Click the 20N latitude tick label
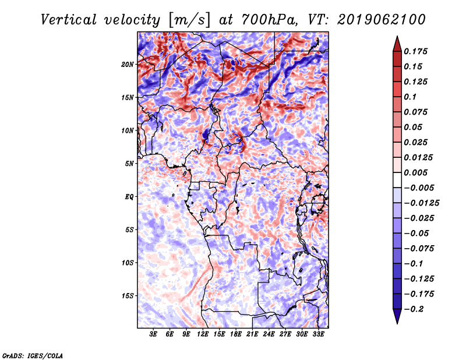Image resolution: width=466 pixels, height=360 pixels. click(128, 65)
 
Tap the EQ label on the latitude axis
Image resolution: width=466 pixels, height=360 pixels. click(129, 197)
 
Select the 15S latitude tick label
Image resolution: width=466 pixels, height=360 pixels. click(128, 296)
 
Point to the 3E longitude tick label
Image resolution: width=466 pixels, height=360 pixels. click(153, 334)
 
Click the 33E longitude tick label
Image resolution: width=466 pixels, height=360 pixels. click(318, 334)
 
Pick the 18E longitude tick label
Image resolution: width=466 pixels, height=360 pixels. click(236, 334)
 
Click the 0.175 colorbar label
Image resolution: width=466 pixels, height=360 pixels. click(415, 51)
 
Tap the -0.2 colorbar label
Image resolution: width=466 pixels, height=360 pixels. click(414, 309)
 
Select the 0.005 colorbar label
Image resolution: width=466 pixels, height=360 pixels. click(415, 172)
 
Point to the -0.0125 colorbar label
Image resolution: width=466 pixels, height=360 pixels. click(421, 203)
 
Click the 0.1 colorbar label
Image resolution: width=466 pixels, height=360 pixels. click(410, 97)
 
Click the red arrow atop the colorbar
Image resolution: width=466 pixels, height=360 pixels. click(397, 44)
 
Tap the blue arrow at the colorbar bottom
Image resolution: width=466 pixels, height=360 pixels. click(397, 316)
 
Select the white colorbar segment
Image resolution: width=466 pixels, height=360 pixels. click(397, 180)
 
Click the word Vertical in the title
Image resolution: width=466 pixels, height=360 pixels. click(68, 20)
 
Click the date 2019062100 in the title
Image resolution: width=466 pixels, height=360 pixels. click(382, 20)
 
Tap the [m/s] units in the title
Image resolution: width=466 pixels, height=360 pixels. click(189, 20)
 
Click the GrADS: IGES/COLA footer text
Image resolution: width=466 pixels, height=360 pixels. click(33, 356)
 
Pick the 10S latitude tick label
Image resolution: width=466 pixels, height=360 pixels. click(128, 263)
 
